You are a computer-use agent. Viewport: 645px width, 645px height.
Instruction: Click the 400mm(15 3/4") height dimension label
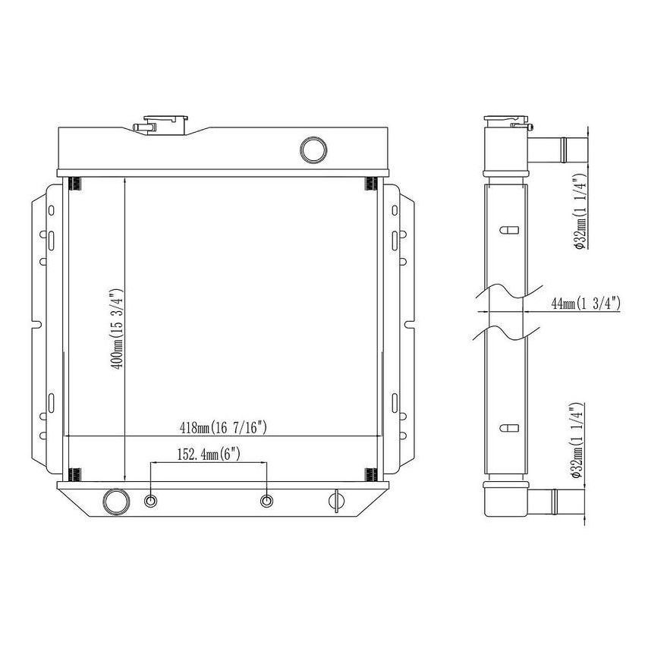coord(116,329)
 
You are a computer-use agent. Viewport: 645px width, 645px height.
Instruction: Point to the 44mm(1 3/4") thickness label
coord(585,304)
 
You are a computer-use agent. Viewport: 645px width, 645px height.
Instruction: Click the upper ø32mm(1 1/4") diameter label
coord(578,211)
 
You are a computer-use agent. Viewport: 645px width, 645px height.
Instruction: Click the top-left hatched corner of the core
coord(75,184)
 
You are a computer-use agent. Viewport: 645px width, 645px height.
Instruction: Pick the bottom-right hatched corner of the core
coord(371,474)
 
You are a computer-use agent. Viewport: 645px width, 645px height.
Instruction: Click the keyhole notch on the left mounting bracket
coord(36,326)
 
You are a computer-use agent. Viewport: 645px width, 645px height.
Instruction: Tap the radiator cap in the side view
coord(505,121)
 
